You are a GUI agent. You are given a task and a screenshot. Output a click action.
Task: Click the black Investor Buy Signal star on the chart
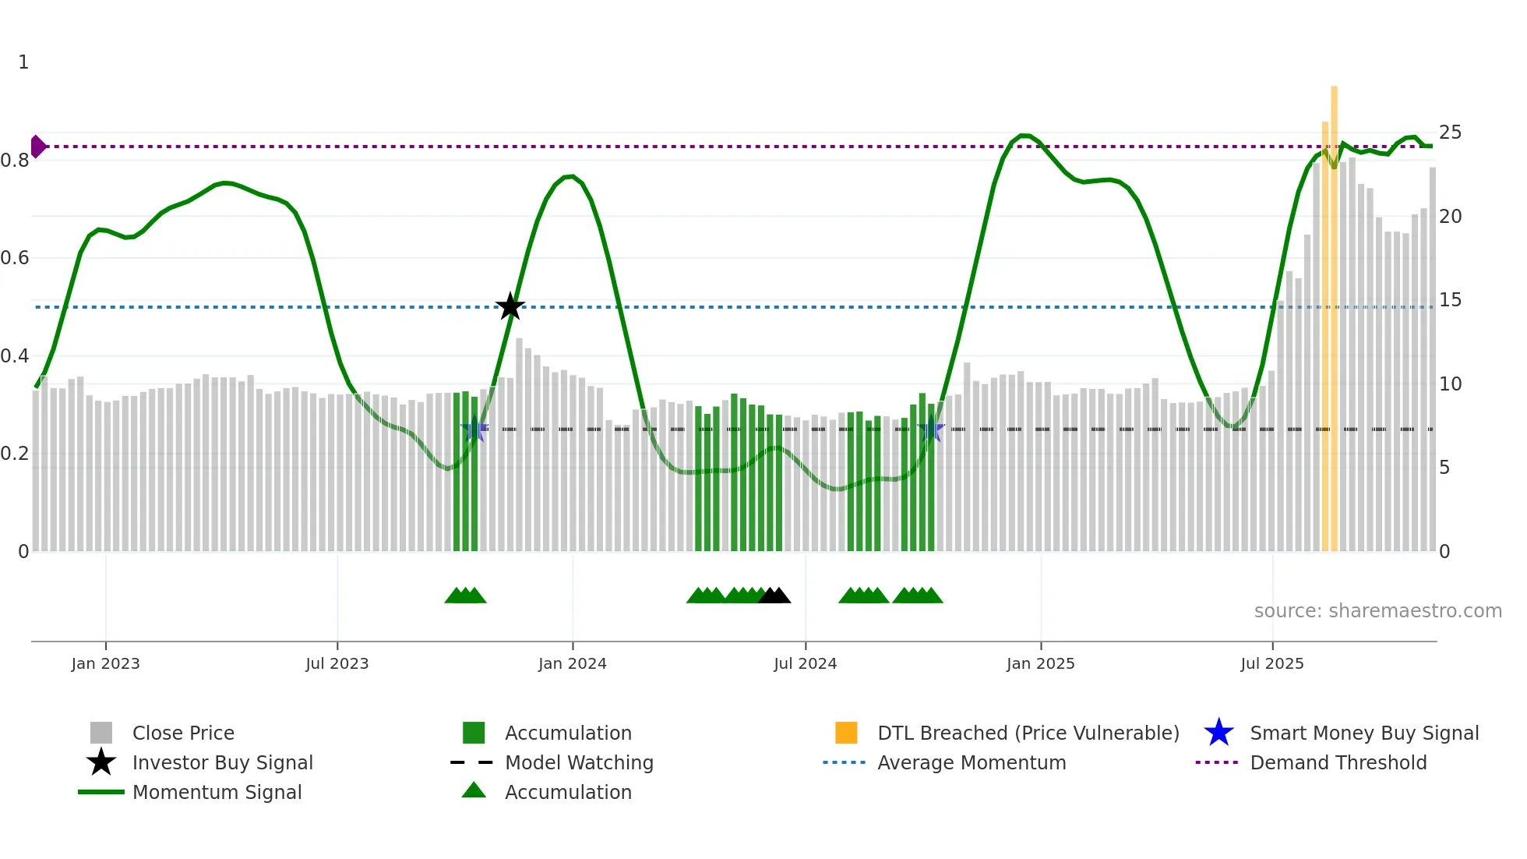tap(510, 306)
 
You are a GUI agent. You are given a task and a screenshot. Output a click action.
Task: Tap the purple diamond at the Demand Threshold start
tap(37, 147)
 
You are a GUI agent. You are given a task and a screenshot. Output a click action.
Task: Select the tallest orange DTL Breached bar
tap(1334, 312)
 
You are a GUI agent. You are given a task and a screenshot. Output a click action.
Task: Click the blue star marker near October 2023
tap(474, 429)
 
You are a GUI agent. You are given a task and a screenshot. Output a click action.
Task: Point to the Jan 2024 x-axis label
tap(572, 663)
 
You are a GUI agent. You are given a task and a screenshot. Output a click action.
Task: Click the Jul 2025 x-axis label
tap(1271, 663)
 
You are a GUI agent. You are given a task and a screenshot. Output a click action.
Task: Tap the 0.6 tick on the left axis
tap(15, 258)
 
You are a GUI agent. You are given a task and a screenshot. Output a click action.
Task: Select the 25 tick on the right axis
tap(1449, 133)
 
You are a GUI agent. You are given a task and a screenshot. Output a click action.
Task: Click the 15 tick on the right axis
tap(1449, 300)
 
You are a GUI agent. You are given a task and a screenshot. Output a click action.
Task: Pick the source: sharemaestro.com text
tap(1377, 611)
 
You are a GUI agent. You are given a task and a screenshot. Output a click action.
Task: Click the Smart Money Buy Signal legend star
tap(1218, 733)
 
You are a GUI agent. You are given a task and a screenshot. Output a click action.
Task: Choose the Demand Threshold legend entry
tap(1338, 762)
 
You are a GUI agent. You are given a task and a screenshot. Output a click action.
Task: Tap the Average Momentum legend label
tap(971, 762)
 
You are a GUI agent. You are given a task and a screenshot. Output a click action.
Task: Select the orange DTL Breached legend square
tap(846, 733)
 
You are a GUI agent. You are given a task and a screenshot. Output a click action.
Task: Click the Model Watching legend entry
tap(578, 762)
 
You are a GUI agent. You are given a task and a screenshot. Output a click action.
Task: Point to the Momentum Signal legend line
tap(101, 792)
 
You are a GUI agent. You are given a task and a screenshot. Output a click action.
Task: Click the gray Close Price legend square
tap(101, 733)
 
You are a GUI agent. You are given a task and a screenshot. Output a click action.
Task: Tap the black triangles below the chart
tap(774, 596)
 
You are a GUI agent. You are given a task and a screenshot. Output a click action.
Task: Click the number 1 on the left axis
tap(23, 62)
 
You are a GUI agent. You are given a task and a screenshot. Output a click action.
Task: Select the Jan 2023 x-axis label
tap(105, 663)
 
